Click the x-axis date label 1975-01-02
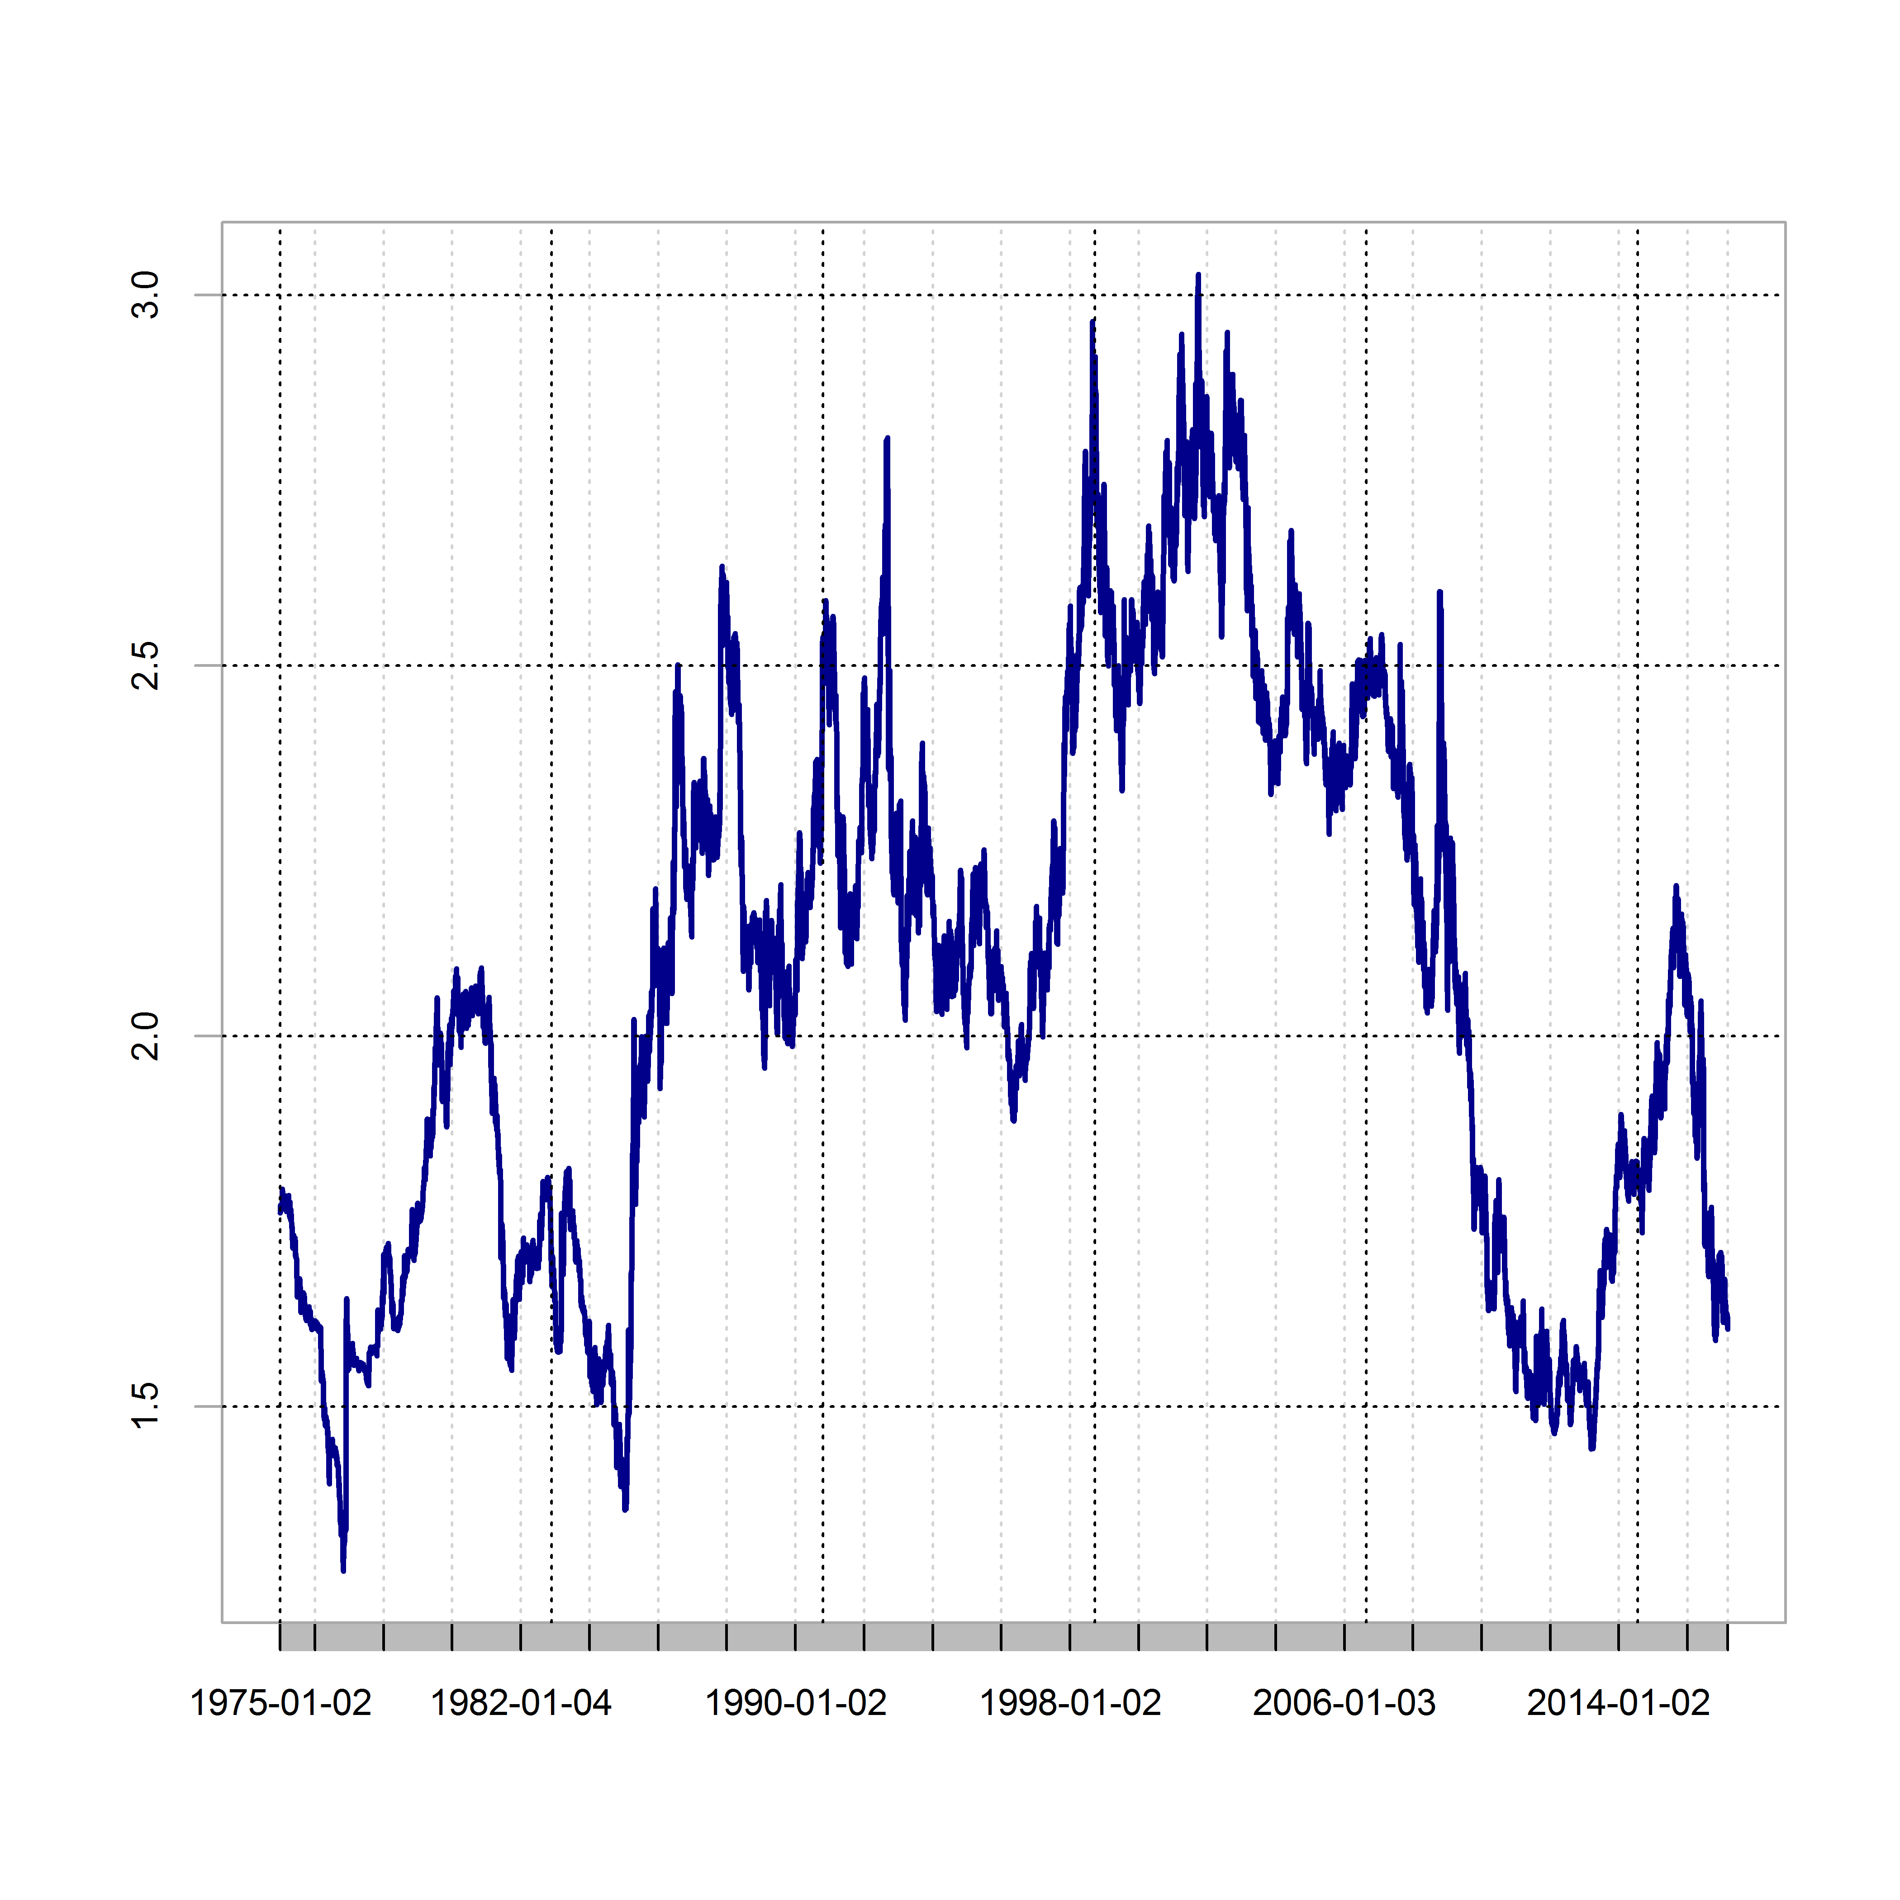tap(280, 1702)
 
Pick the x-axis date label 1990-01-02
tap(796, 1702)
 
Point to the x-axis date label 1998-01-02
tap(1070, 1702)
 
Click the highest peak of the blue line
tap(1198, 275)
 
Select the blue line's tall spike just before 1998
tap(1092, 322)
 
